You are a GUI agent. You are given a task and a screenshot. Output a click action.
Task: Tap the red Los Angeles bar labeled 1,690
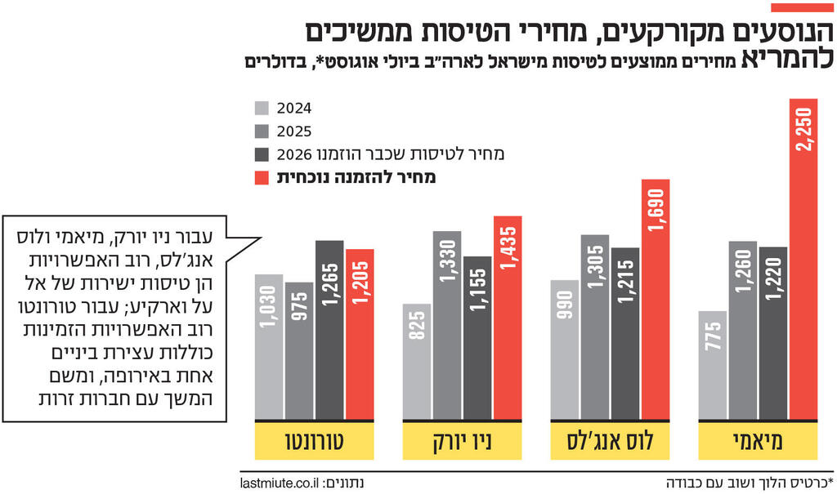click(656, 299)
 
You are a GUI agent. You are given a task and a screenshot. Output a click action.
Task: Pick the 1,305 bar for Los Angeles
click(595, 327)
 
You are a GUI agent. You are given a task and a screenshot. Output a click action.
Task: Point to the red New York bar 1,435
click(508, 318)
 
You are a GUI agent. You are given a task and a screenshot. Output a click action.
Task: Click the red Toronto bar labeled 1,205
click(360, 334)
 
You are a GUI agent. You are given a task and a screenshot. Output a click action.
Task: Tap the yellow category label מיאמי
click(759, 442)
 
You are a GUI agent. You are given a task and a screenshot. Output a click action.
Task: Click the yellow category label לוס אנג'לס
click(611, 442)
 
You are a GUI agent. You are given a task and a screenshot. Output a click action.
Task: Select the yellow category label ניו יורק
click(462, 442)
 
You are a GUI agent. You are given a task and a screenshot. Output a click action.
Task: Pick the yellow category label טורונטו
click(314, 442)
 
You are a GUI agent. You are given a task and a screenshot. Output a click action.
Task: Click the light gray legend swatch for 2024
click(262, 108)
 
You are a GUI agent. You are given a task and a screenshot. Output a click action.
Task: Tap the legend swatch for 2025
click(262, 131)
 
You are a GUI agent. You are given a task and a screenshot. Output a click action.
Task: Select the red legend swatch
click(262, 176)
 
